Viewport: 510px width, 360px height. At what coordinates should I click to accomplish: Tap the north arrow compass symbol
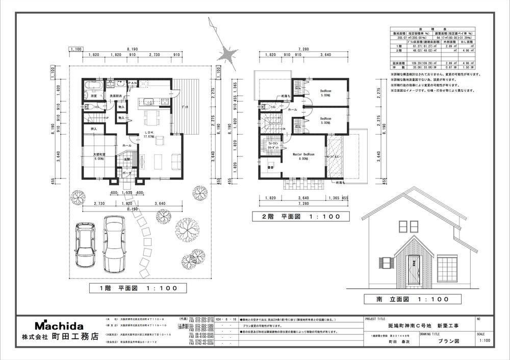coord(225,51)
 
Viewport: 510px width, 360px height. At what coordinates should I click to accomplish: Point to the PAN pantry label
coord(132,83)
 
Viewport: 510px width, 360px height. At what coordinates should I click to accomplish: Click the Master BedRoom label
coord(303,156)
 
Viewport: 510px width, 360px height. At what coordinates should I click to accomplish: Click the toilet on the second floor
coord(265,108)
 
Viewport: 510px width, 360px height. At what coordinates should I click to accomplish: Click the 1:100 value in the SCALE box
coord(486,341)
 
